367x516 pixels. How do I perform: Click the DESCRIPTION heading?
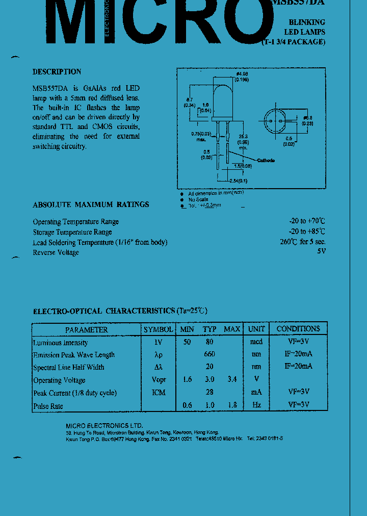(x=57, y=72)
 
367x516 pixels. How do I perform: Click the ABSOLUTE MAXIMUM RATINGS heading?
(x=91, y=204)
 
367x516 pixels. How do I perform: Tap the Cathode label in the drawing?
(x=265, y=160)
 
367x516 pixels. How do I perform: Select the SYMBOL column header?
(x=158, y=329)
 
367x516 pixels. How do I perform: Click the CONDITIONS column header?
(x=298, y=329)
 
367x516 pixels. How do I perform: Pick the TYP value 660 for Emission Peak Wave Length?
(x=209, y=354)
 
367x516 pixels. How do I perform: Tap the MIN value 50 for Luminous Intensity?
(x=187, y=342)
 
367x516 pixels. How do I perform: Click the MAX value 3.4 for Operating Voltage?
(x=231, y=379)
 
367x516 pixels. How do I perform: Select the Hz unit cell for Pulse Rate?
(x=256, y=405)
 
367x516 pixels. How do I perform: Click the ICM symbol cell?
(x=159, y=392)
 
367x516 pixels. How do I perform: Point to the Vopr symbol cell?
(x=159, y=380)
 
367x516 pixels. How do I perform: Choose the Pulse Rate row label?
(x=48, y=406)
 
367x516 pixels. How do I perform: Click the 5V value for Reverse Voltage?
(x=321, y=251)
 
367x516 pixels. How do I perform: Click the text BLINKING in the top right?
(x=307, y=22)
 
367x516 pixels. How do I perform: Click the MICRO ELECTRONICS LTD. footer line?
(x=104, y=426)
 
